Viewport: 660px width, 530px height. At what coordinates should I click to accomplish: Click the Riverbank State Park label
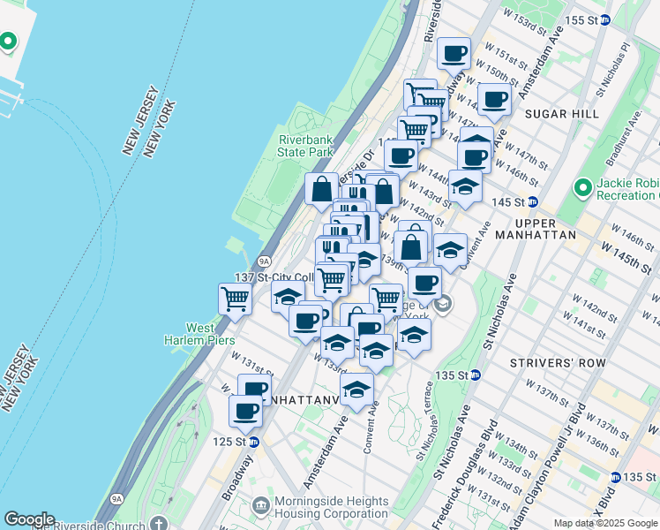tap(306, 146)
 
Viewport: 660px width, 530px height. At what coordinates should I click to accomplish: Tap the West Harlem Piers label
tap(188, 335)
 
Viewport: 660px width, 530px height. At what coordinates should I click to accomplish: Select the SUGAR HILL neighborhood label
tap(561, 114)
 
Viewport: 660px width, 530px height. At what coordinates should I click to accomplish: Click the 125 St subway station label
tap(234, 442)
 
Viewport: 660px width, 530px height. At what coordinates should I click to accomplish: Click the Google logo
tap(29, 519)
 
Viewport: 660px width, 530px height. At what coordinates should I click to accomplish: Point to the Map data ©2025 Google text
tap(605, 523)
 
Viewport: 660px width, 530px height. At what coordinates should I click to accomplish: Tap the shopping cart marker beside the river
tap(236, 299)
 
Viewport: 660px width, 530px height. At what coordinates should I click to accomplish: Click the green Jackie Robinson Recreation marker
tap(582, 188)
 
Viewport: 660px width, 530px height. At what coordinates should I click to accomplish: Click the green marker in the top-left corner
tap(9, 41)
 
